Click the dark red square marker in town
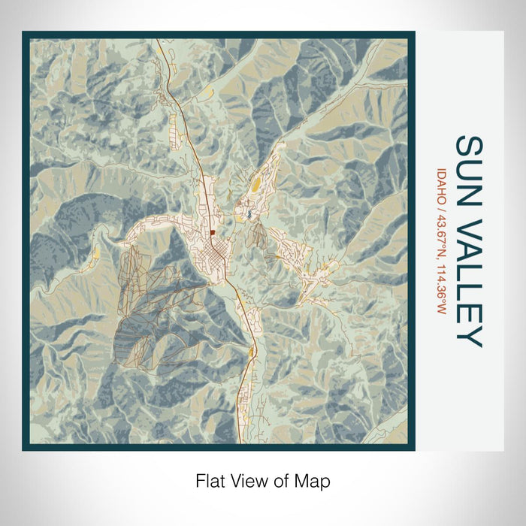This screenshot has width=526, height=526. [213, 232]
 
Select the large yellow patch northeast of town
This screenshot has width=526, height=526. [256, 184]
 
